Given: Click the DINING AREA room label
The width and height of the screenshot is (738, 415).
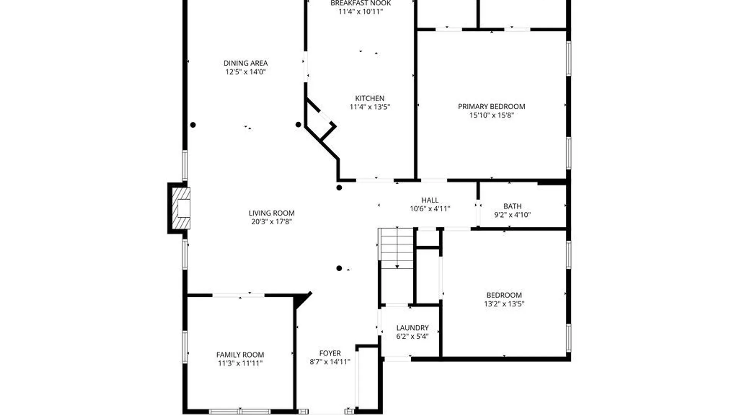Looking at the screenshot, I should tap(246, 63).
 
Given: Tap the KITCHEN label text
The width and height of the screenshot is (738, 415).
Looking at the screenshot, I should tap(369, 98).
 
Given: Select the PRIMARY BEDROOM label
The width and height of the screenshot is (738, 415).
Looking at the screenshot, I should tap(491, 106).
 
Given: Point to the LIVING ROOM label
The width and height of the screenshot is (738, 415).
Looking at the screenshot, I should tap(271, 213).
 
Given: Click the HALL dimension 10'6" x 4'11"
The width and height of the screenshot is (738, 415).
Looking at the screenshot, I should tap(430, 209).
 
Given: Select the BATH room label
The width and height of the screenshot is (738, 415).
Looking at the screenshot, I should tap(512, 206).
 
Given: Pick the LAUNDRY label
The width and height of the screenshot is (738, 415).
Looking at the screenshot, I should tap(412, 328).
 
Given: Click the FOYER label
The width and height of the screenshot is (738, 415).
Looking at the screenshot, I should tap(330, 353).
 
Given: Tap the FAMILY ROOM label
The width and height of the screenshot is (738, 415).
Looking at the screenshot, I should tap(240, 355).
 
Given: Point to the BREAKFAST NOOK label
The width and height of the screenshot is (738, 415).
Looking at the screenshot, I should tap(361, 3).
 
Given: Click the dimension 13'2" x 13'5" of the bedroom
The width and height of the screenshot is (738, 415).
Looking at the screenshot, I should tap(504, 304).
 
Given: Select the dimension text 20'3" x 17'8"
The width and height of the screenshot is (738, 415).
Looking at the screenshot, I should tap(271, 222).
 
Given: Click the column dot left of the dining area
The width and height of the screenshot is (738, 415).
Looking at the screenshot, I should tap(193, 125).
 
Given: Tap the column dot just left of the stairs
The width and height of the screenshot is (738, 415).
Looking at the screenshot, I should tap(339, 268).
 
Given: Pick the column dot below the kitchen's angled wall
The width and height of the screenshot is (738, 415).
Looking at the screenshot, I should tap(339, 188).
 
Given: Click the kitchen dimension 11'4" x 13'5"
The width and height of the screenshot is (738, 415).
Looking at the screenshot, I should tap(369, 107).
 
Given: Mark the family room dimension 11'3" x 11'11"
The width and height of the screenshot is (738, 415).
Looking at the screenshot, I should tap(240, 364).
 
